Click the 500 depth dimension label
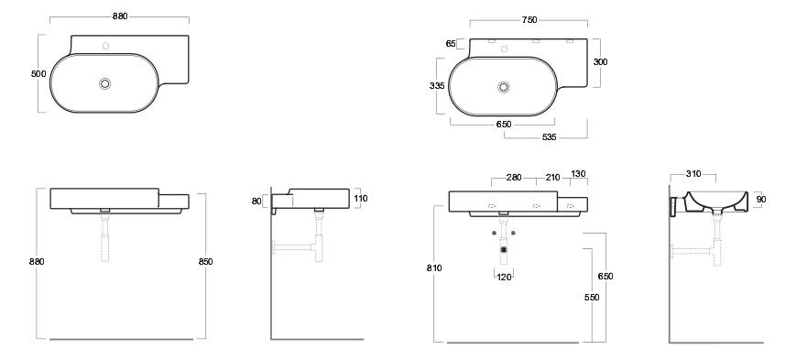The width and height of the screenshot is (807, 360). pyautogui.click(x=38, y=73)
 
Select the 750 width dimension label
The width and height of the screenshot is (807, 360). pyautogui.click(x=529, y=20)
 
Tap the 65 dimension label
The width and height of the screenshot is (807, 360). pyautogui.click(x=451, y=44)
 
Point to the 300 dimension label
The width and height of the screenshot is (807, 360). pyautogui.click(x=600, y=61)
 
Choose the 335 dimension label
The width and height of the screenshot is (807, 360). pyautogui.click(x=437, y=86)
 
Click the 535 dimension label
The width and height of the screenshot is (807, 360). pyautogui.click(x=550, y=137)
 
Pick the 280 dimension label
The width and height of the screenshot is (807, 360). pyautogui.click(x=514, y=178)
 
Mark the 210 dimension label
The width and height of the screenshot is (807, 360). pyautogui.click(x=552, y=178)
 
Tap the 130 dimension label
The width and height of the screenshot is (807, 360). pyautogui.click(x=579, y=174)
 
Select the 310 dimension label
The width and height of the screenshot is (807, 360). pyautogui.click(x=693, y=174)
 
